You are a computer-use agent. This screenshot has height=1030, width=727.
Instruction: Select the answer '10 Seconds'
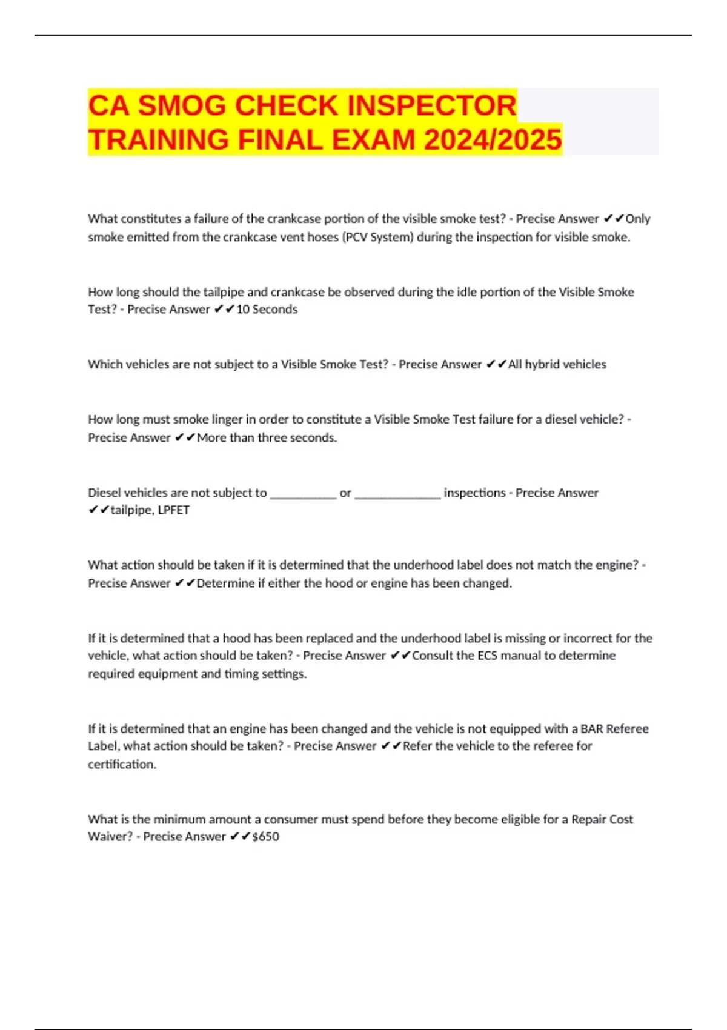coord(267,310)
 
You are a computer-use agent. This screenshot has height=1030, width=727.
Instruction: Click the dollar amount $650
coord(265,837)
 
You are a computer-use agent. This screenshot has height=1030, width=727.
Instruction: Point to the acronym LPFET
coord(173,510)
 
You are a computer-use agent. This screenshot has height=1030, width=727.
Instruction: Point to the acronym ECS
coord(488,656)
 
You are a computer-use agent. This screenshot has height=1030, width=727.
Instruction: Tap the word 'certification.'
coord(122,765)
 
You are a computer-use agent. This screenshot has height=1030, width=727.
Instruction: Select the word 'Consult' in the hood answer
coord(433,656)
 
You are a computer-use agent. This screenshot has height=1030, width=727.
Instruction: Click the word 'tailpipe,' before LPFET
coord(132,510)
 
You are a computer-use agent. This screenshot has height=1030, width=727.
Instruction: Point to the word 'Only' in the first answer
coord(637,219)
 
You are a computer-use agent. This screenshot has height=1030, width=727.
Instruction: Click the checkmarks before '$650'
coord(240,837)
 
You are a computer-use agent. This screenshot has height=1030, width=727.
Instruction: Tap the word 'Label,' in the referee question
coord(103,746)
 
